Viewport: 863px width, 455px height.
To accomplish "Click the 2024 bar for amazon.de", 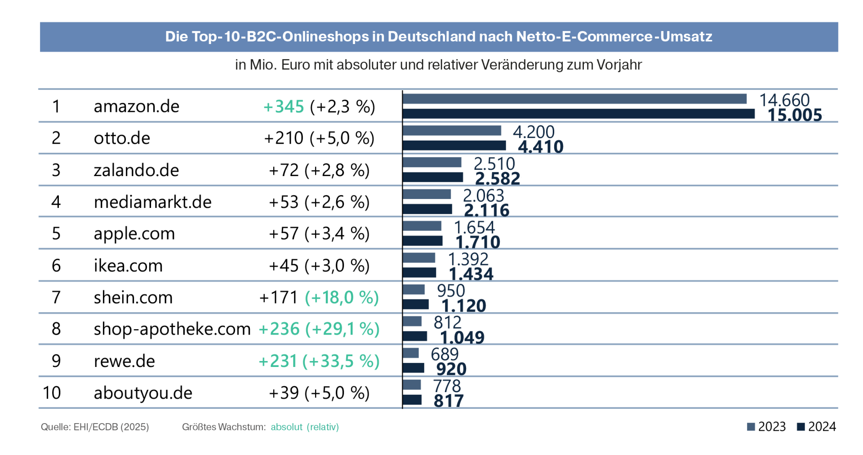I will click(x=578, y=114).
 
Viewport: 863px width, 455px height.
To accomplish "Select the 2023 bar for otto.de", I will click(x=452, y=130).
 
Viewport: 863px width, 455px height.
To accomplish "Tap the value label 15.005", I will click(x=794, y=115).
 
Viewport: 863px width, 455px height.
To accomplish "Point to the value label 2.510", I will click(x=494, y=163).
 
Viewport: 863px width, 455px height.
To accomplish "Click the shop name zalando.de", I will click(x=136, y=170).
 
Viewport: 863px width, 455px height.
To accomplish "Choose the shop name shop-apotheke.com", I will click(x=172, y=329).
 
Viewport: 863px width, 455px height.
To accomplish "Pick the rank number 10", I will click(x=52, y=393).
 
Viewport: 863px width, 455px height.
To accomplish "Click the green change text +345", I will click(x=284, y=106).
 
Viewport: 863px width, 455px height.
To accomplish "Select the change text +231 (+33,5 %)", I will click(x=319, y=361).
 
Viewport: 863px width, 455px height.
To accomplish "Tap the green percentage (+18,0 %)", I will click(x=342, y=297).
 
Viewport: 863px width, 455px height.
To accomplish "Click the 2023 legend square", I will click(x=751, y=427).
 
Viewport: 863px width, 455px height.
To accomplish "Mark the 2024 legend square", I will click(x=801, y=427).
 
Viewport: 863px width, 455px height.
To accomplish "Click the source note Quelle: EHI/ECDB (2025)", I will click(x=95, y=427).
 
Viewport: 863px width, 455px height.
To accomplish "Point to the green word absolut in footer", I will click(x=286, y=427).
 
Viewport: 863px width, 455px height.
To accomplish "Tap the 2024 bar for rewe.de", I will click(x=413, y=368).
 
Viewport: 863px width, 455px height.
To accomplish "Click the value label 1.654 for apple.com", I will click(x=474, y=227).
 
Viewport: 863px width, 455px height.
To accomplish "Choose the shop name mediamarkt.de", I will click(x=152, y=202).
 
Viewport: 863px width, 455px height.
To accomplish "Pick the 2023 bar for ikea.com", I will click(x=419, y=258).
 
